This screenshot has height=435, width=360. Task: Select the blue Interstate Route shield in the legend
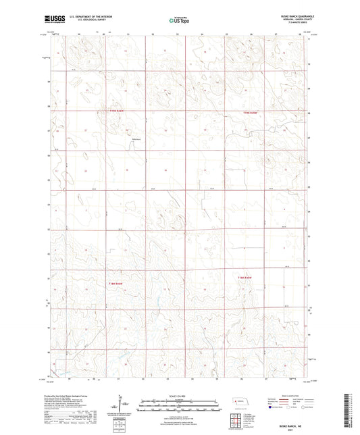[x=272, y=407]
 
